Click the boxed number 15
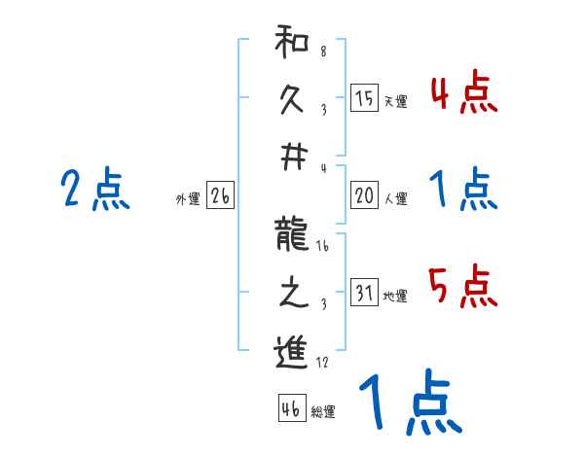[364, 97]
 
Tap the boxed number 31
[364, 293]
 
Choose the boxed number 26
[220, 196]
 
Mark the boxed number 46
[290, 409]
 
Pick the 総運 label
[323, 412]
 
